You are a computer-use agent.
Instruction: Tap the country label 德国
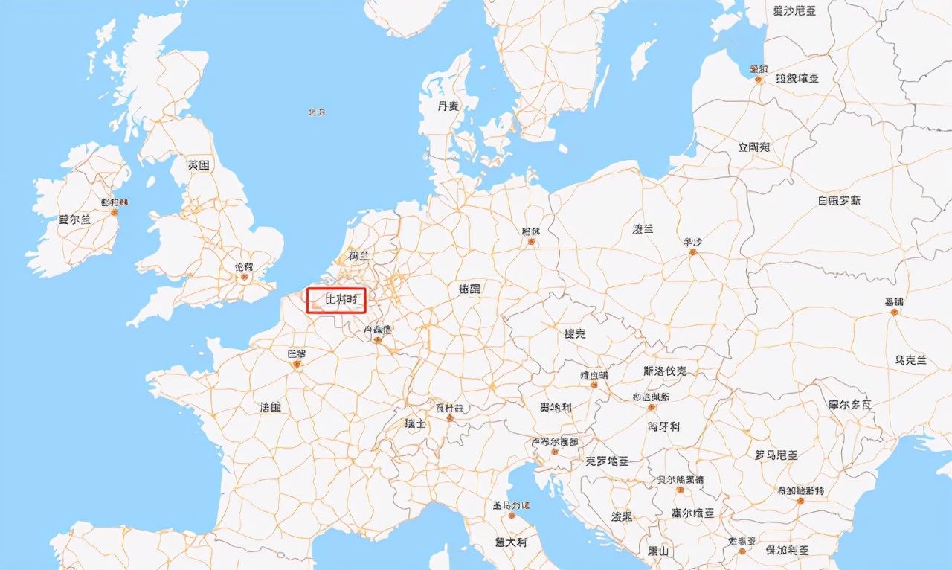click(x=469, y=289)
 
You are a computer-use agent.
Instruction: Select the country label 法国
click(x=270, y=407)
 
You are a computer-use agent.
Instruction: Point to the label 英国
click(x=199, y=165)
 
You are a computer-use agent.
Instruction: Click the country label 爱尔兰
click(x=74, y=220)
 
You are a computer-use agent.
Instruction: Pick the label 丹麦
click(x=448, y=106)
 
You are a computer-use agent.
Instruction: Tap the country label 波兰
click(x=643, y=229)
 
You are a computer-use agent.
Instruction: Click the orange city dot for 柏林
click(x=531, y=243)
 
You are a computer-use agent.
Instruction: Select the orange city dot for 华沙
click(x=692, y=253)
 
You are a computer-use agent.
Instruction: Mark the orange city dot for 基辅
click(x=894, y=313)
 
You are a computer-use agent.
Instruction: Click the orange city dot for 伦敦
click(x=243, y=278)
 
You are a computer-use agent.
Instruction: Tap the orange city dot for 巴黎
click(x=297, y=365)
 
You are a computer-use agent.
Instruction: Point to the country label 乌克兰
click(x=910, y=360)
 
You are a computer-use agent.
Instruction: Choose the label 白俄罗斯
click(x=839, y=200)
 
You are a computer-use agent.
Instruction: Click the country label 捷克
click(x=575, y=334)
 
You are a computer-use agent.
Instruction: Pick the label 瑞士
click(x=415, y=423)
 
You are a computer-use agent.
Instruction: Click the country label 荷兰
click(x=358, y=256)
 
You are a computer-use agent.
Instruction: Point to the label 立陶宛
click(x=753, y=147)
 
